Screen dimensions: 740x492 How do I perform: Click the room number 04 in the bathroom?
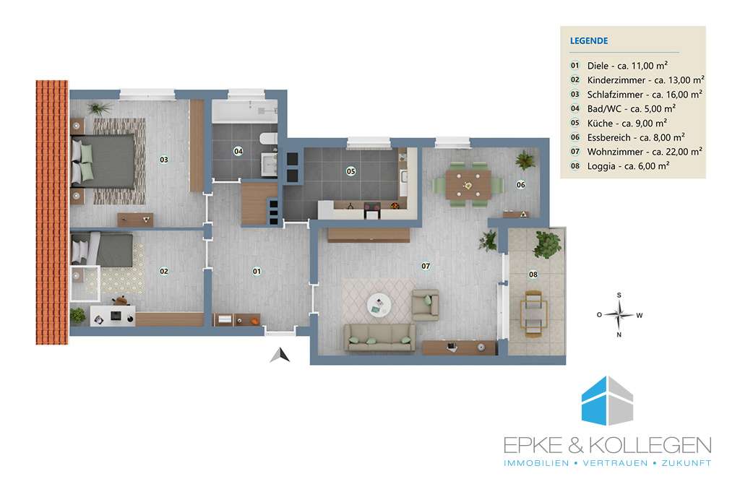click(x=238, y=151)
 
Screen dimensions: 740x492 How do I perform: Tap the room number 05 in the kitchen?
click(x=350, y=171)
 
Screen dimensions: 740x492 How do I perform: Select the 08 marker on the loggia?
click(x=533, y=274)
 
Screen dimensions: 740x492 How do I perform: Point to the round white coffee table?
click(x=379, y=305)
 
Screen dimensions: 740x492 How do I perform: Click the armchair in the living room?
click(x=426, y=305)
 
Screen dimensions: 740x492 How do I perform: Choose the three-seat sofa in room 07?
click(x=380, y=337)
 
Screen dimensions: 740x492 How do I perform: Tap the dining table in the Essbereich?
click(x=468, y=185)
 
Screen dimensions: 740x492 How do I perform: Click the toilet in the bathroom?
click(x=268, y=139)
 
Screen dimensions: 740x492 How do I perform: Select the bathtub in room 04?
click(x=244, y=111)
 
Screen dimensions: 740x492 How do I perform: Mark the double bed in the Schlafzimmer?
click(x=103, y=161)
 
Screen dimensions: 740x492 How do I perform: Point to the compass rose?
click(x=619, y=315)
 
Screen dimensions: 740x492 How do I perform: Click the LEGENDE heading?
click(x=589, y=41)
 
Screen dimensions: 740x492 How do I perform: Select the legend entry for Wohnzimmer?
click(x=636, y=152)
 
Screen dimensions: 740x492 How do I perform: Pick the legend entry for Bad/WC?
click(x=623, y=108)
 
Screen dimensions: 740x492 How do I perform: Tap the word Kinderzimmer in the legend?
click(x=616, y=80)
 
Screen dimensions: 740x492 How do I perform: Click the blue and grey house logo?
click(x=607, y=400)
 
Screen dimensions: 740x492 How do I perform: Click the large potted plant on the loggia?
click(x=547, y=244)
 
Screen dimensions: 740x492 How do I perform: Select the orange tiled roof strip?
click(x=52, y=212)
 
